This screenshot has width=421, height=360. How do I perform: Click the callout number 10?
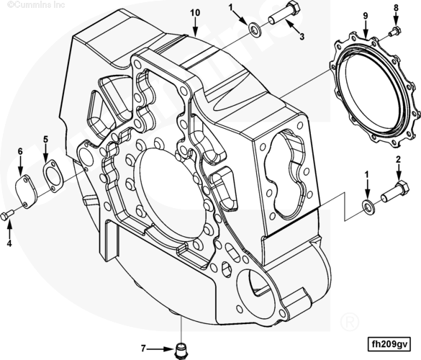[195, 13]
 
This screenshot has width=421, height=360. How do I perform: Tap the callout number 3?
[302, 37]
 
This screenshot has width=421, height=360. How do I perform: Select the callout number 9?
[366, 16]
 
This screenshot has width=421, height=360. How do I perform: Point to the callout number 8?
[397, 8]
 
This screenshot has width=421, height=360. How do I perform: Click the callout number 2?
[398, 160]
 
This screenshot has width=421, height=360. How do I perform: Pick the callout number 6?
[20, 151]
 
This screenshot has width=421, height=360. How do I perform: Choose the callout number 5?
[45, 139]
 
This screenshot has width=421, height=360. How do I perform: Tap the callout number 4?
[9, 243]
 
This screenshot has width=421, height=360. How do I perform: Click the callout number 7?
[143, 348]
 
